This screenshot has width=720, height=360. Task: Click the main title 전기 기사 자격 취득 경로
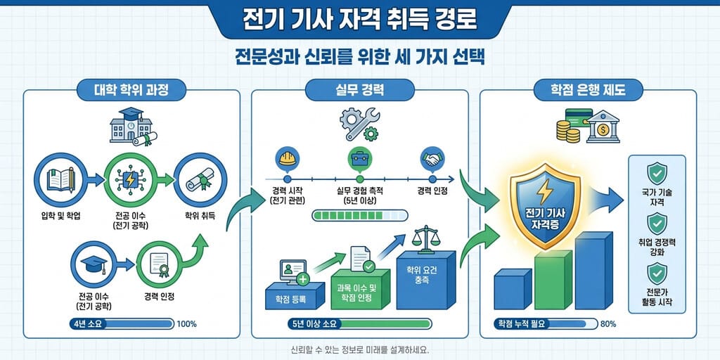359,21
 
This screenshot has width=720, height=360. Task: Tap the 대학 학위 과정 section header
131,90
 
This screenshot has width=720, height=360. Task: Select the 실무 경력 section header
359,90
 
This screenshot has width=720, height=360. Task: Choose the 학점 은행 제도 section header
589,90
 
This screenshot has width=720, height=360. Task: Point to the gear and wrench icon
359,124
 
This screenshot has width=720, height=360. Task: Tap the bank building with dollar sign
603,126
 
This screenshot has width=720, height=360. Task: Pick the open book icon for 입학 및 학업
60,179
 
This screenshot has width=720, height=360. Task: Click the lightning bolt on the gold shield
545,191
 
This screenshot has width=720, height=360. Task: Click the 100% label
186,324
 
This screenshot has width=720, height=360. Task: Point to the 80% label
608,324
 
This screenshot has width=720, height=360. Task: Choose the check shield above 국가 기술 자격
657,174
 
